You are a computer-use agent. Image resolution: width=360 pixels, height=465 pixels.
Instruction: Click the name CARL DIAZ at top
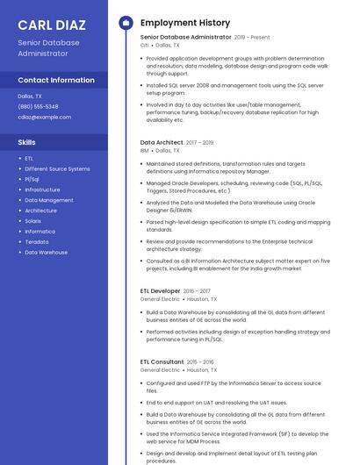tap(51, 24)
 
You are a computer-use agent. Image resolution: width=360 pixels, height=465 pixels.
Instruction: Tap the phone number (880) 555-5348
tap(38, 106)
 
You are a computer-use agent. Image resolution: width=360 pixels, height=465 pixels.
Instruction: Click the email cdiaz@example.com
tap(44, 117)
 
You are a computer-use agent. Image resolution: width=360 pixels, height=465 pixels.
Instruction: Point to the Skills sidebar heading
tap(27, 141)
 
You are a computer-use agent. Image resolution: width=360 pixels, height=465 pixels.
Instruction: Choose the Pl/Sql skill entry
tap(32, 179)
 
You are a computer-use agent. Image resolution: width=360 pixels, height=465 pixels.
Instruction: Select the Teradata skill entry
tap(37, 241)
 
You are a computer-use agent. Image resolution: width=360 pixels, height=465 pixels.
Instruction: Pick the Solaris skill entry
tap(33, 220)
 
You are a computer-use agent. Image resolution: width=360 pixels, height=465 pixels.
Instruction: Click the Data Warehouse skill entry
tap(46, 252)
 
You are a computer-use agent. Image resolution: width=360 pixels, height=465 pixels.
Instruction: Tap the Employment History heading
tap(184, 22)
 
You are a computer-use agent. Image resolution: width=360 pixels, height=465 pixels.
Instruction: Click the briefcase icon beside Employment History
tap(125, 22)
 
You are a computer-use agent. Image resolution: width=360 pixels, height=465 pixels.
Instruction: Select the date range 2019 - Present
tap(252, 38)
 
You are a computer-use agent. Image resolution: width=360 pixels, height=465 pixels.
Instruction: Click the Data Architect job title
tap(162, 142)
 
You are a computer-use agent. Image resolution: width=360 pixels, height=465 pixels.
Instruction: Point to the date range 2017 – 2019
tap(200, 142)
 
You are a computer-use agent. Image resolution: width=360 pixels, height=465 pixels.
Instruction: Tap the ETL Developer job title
tap(160, 290)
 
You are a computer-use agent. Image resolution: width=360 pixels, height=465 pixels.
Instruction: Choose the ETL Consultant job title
tap(162, 361)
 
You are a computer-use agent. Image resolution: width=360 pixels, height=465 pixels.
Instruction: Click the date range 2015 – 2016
tap(201, 361)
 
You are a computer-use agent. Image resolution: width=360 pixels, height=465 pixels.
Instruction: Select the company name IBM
tap(145, 151)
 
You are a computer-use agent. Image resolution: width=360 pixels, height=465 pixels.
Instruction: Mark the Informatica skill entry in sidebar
tap(40, 231)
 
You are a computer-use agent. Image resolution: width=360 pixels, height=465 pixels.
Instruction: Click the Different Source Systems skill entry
tap(57, 168)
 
